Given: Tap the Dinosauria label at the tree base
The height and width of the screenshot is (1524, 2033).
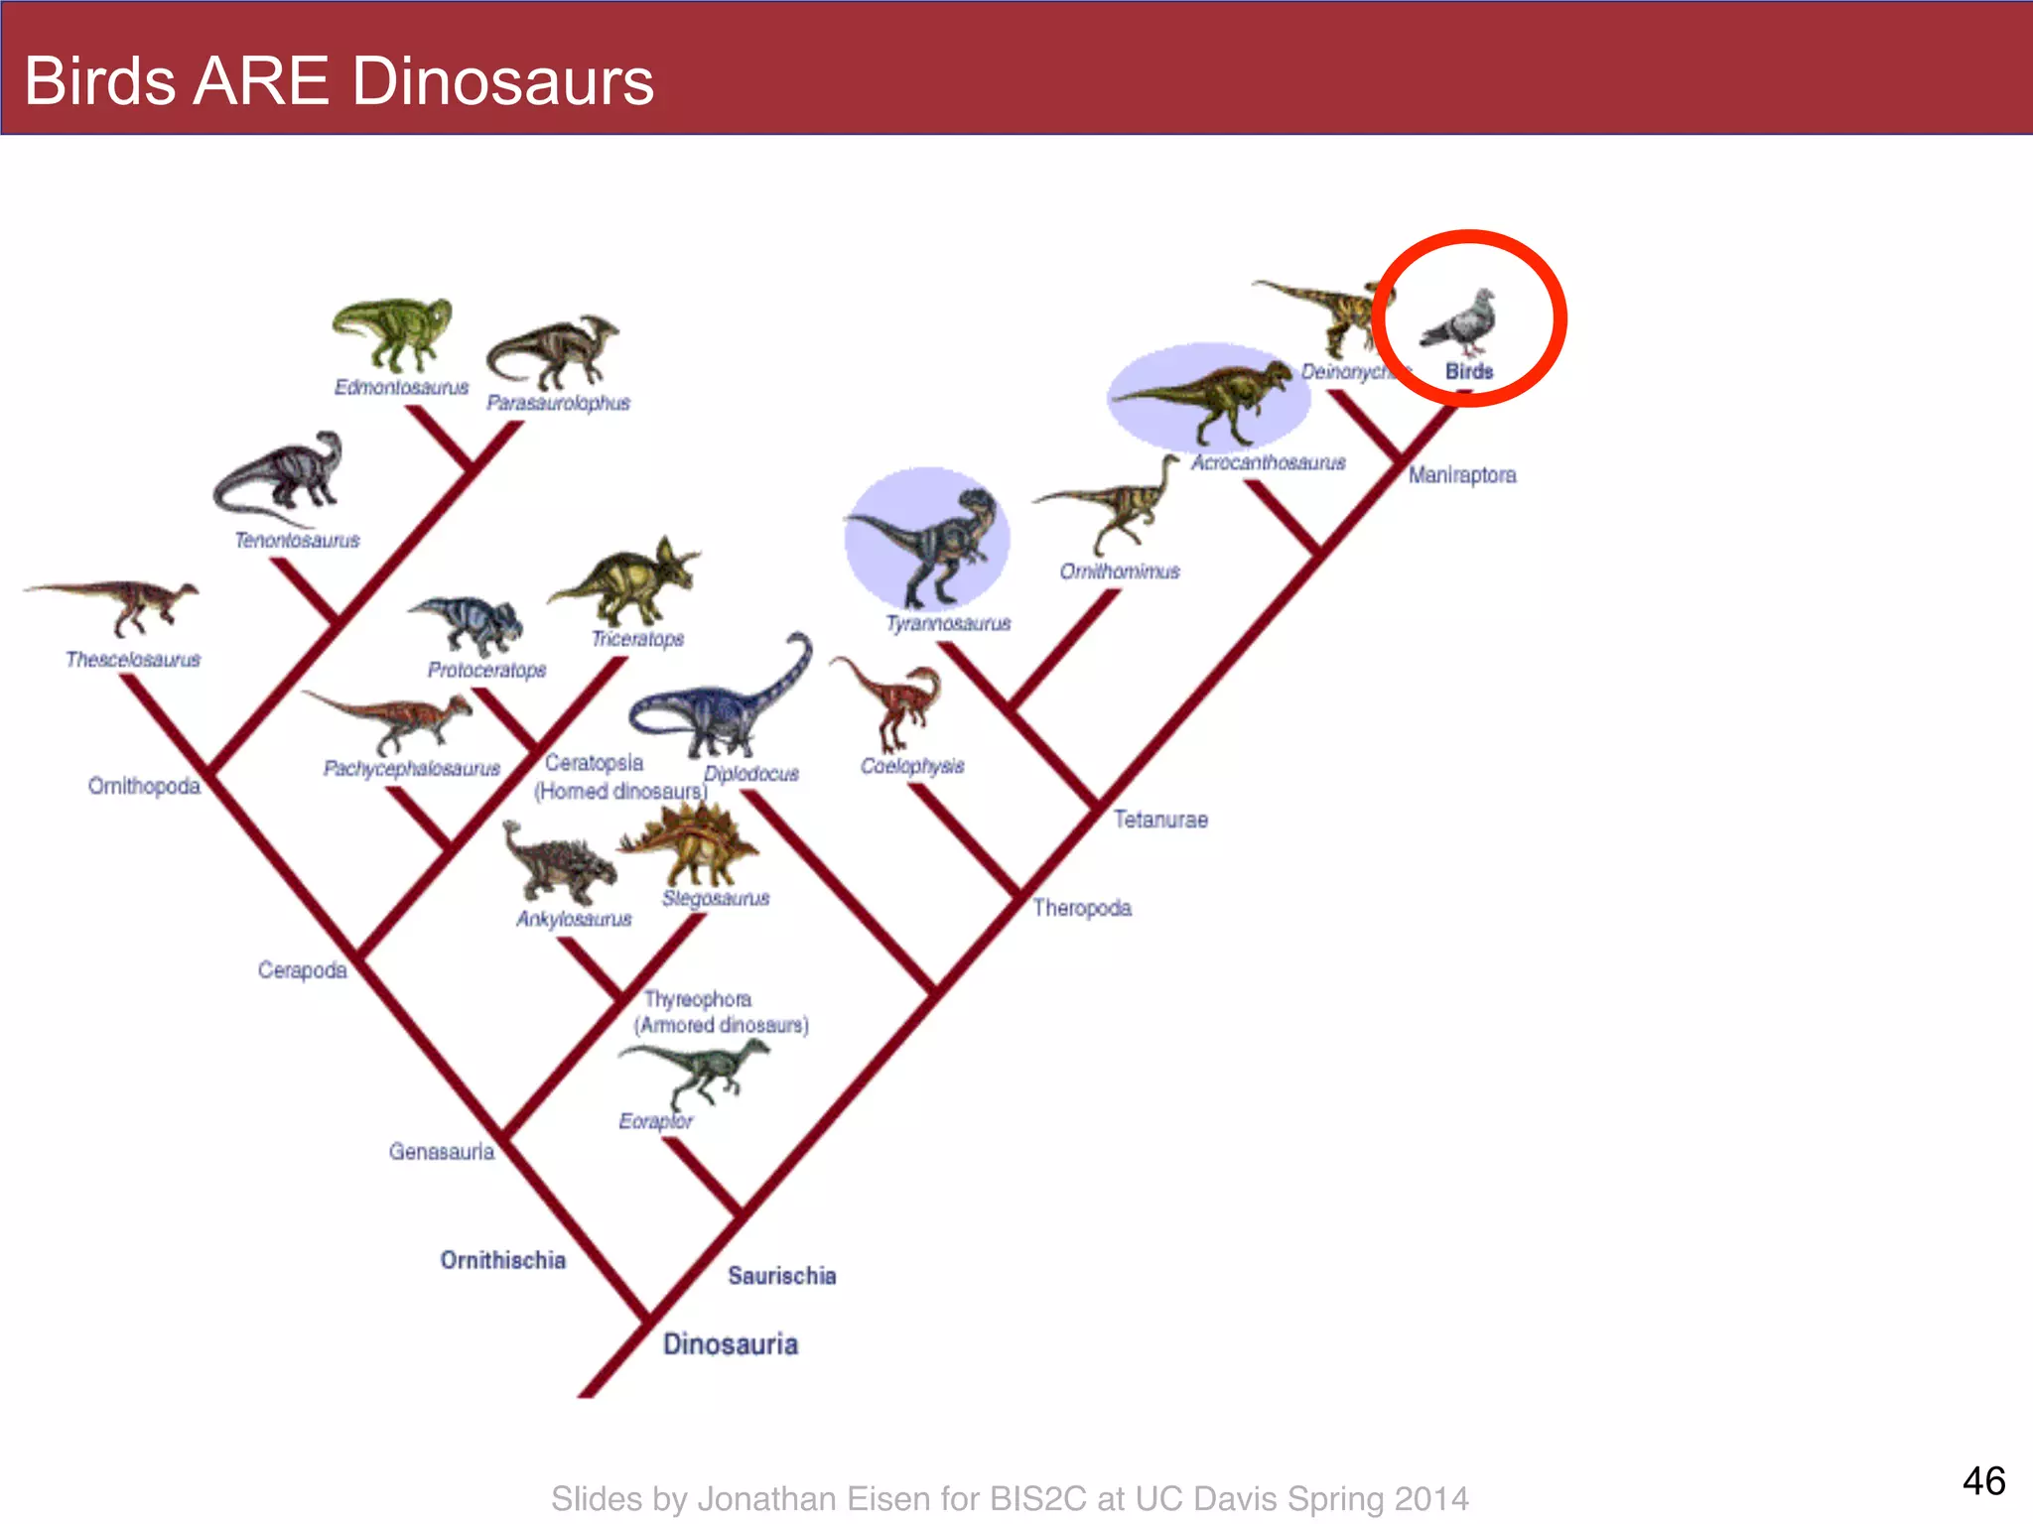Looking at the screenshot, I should pyautogui.click(x=731, y=1343).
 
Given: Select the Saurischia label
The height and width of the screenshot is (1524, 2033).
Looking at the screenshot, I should pyautogui.click(x=782, y=1275).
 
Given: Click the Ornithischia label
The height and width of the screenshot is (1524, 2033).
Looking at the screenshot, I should pyautogui.click(x=503, y=1259).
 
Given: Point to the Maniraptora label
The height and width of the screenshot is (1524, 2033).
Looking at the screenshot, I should pyautogui.click(x=1462, y=474).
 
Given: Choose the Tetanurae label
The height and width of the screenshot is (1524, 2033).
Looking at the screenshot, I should pyautogui.click(x=1160, y=819).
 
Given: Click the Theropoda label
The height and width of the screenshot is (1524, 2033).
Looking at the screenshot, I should pyautogui.click(x=1082, y=907).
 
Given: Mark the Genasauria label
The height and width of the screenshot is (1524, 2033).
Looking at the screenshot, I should pyautogui.click(x=442, y=1151).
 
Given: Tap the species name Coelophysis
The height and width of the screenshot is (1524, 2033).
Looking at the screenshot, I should pyautogui.click(x=912, y=765).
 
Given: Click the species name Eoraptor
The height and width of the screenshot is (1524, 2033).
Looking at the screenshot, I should pyautogui.click(x=655, y=1120).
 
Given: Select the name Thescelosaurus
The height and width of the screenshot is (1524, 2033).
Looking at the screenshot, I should pyautogui.click(x=133, y=659).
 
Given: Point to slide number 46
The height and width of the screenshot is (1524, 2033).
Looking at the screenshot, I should pyautogui.click(x=1983, y=1480).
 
